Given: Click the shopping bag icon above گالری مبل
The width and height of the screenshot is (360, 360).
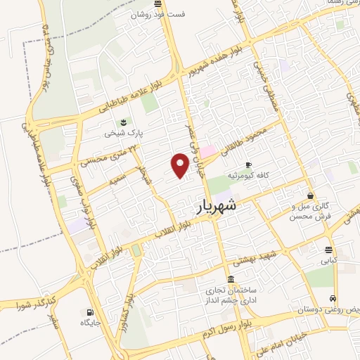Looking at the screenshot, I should tap(310, 195).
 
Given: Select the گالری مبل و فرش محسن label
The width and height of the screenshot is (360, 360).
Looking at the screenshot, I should tap(310, 212).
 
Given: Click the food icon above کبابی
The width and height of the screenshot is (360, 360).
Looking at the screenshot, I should tap(329, 250).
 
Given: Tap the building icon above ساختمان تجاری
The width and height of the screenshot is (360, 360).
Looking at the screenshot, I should tap(231, 278).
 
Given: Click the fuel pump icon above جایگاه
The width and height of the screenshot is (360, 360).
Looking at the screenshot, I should tap(90, 312).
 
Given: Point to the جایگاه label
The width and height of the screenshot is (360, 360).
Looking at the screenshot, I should tap(91, 323).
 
